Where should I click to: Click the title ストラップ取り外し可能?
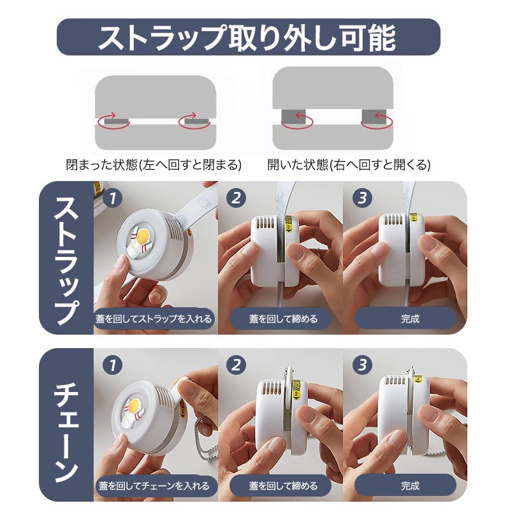pos(248,37)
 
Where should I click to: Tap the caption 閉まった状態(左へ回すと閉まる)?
pos(154,164)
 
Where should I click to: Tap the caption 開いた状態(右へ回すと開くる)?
pos(349,164)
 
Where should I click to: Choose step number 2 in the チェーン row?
pos(237,365)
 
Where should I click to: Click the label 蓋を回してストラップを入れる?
pos(154,318)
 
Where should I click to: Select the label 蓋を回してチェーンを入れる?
pos(154,486)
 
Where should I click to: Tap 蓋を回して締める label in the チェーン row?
pos(282,486)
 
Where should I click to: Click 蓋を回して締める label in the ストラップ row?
pos(282,318)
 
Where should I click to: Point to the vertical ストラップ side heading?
pos(66,258)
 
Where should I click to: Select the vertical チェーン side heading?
pos(66,426)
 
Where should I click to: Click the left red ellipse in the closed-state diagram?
pos(113,120)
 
